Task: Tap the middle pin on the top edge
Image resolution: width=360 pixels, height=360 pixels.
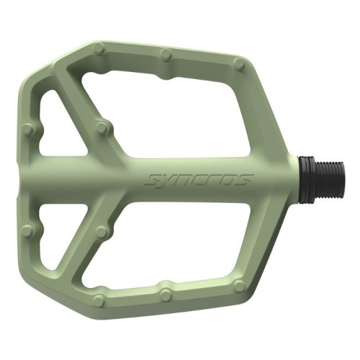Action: point(166,54)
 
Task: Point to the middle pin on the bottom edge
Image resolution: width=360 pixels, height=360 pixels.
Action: point(166,295)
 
